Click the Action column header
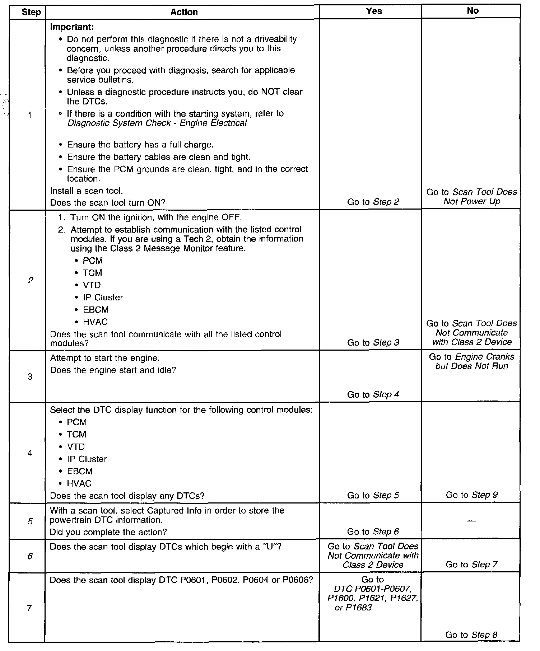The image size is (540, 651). (184, 12)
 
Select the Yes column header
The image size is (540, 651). (374, 11)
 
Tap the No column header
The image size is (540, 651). (472, 11)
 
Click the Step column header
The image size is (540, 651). (31, 12)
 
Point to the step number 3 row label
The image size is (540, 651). (30, 376)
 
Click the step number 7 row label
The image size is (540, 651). (30, 608)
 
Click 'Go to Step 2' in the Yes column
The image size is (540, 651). (373, 202)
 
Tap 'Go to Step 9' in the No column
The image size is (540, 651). (471, 495)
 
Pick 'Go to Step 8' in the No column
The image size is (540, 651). (471, 635)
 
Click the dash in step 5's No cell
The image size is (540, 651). (471, 521)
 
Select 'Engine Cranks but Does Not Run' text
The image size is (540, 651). (471, 361)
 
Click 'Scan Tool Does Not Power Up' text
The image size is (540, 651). (471, 197)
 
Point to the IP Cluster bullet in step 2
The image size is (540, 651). (103, 298)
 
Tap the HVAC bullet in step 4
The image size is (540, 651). (79, 483)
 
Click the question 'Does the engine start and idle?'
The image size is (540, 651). (113, 370)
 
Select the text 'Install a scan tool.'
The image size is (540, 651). (86, 191)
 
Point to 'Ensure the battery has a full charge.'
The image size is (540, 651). (140, 145)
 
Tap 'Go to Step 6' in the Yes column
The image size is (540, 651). (373, 531)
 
